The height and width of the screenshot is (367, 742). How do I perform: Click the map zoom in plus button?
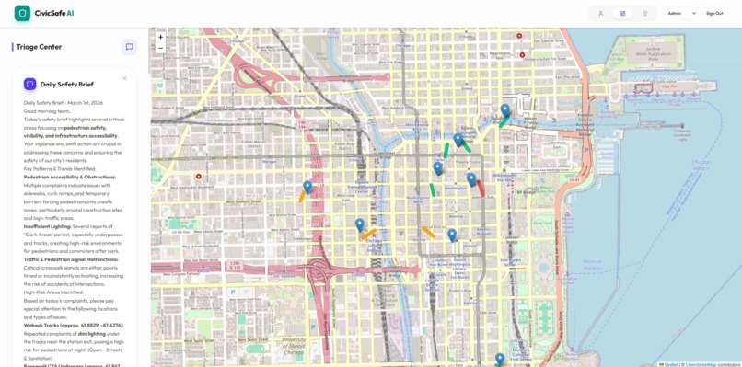click(x=160, y=38)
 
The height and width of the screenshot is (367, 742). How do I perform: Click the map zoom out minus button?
click(x=160, y=48)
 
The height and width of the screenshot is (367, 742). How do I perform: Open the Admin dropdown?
click(x=681, y=14)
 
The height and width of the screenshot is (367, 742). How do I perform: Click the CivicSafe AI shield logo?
click(x=22, y=13)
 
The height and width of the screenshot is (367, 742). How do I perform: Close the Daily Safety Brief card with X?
click(x=125, y=78)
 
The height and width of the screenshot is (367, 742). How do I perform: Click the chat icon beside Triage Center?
click(x=129, y=47)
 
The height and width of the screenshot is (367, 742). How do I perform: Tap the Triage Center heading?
click(x=39, y=47)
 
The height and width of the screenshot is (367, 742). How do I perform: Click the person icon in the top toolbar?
click(x=600, y=14)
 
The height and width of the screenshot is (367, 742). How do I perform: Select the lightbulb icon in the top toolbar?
click(x=644, y=14)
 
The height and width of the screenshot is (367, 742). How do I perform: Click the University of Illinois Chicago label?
click(x=295, y=345)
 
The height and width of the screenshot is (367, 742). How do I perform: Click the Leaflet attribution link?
click(x=671, y=364)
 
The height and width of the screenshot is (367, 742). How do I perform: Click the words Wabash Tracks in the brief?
click(x=42, y=325)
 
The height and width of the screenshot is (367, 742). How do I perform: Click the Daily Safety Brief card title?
click(x=66, y=84)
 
